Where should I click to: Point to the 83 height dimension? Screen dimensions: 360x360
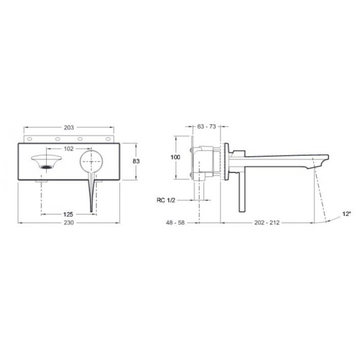[137, 161]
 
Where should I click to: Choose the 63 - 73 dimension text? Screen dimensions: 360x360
[206, 127]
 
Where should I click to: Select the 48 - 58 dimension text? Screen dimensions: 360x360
[176, 223]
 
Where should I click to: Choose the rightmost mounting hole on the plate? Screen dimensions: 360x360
[109, 139]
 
